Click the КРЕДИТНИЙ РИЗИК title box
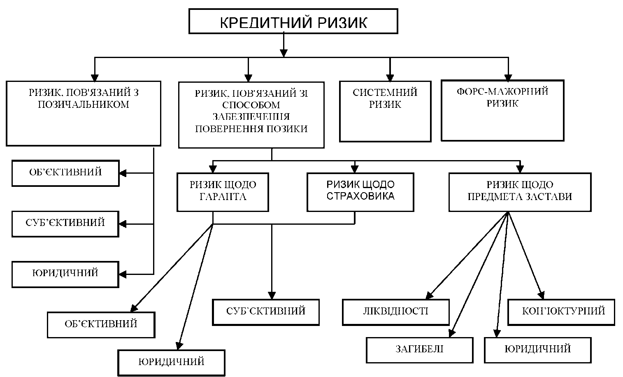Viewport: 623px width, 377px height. point(293,21)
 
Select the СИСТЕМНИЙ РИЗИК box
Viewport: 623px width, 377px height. point(385,111)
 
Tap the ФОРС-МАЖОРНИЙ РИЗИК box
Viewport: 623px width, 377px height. point(502,110)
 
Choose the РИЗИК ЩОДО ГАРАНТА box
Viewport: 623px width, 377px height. point(223,192)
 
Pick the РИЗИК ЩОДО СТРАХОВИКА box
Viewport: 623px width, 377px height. point(360,192)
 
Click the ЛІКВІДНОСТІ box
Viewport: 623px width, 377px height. point(395,312)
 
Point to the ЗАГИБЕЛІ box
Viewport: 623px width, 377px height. point(419,350)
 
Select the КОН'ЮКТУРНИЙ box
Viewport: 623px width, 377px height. point(561,312)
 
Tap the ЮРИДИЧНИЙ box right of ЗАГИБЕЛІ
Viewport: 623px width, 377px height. point(537,350)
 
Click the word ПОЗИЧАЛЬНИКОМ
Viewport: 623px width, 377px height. point(83,105)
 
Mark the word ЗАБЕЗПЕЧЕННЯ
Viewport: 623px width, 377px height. point(251,117)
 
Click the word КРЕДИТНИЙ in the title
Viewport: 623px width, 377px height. point(261,22)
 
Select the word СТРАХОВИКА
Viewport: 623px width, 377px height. point(360,196)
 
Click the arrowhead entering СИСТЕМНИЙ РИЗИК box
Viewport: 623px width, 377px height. point(390,77)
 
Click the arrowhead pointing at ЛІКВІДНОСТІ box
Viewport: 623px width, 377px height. point(429,294)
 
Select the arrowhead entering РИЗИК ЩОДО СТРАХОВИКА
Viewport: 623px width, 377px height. point(355,169)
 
